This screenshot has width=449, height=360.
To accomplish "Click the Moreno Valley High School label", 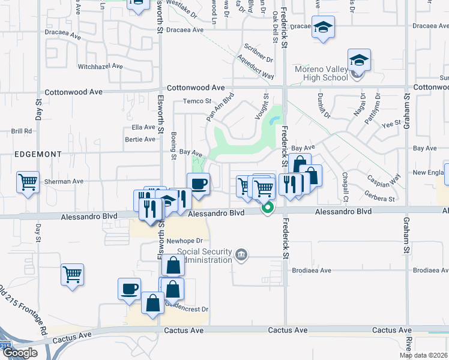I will coord(321,73).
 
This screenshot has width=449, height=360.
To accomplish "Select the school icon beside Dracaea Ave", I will coord(323,27).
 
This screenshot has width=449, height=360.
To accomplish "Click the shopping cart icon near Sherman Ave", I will coord(28,182).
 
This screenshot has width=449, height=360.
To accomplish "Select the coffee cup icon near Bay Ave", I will coord(198,182).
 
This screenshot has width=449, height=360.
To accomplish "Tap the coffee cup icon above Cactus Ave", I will coord(130,289).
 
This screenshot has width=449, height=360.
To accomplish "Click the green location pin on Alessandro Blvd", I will coord(268,208).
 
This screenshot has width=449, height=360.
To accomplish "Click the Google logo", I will coord(20,353).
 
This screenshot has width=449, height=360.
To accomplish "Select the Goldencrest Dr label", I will coord(189,309).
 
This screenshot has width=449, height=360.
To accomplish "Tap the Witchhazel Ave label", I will coord(100,66).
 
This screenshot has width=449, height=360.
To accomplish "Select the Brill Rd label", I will coord(21,131).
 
